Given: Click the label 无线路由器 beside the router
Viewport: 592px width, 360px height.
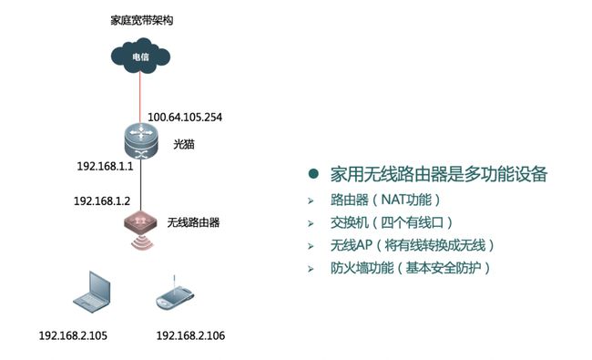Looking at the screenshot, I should (x=194, y=221).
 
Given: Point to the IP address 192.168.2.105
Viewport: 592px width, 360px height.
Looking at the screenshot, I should (x=72, y=336).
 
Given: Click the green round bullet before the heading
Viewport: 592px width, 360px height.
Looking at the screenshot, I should (x=313, y=174).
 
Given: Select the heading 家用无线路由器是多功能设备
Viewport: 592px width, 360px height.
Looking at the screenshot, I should (x=438, y=174).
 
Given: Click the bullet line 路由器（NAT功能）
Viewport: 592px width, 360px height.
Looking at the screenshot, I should (x=385, y=200).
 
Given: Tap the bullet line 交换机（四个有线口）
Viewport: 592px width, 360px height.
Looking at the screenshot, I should (x=392, y=222).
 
